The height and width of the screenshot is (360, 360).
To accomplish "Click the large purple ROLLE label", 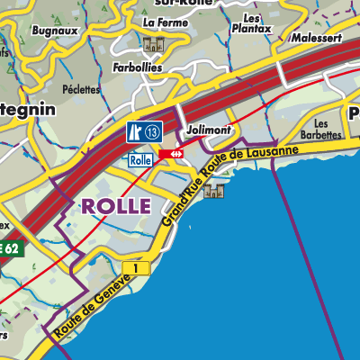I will coord(116,205).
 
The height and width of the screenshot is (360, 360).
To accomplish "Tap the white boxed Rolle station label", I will coord(139,159).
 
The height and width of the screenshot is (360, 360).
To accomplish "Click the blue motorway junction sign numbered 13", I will coord(144,132).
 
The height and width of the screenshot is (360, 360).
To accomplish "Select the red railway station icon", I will coord(172,155).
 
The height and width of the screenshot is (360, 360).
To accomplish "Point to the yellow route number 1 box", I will coord(136,268).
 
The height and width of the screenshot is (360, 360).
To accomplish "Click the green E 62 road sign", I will coord(9,248).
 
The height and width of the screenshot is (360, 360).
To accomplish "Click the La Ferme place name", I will coord(163,22).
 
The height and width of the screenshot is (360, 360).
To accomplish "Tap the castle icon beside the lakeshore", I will coord(213,191).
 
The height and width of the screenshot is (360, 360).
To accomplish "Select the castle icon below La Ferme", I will coord(150,44).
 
